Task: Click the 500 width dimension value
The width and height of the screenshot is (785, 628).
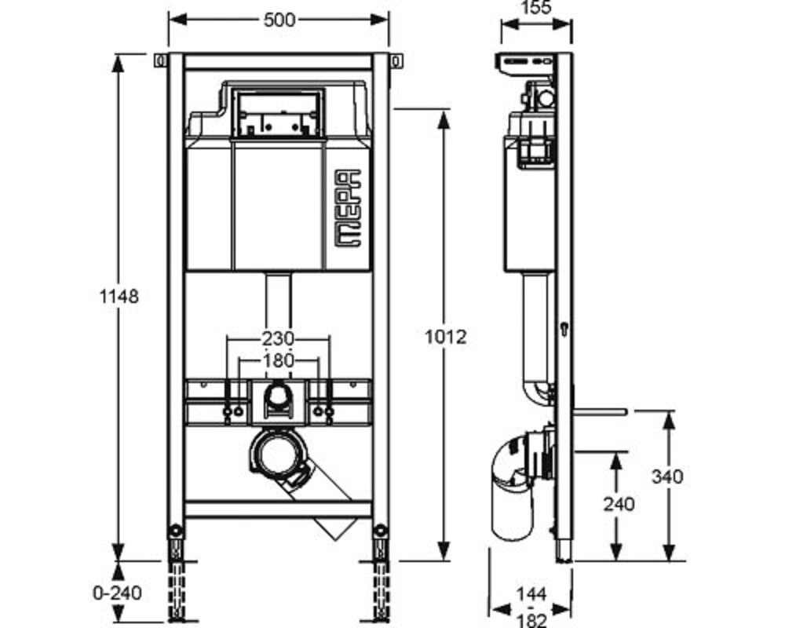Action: coord(279,20)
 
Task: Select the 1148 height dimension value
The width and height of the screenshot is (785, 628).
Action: coord(119,297)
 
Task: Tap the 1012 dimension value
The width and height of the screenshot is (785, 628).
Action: coord(445,337)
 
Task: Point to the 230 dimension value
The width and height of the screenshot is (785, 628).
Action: coord(278,339)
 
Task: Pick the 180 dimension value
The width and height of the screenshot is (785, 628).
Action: coord(278,360)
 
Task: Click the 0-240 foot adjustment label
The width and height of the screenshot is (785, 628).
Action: coord(118,593)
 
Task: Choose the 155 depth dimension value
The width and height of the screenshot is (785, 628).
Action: coord(535,8)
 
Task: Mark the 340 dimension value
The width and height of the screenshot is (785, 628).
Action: coord(666,476)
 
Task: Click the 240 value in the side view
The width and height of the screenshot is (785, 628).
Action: coord(619,504)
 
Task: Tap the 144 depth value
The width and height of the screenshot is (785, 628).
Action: coord(531,594)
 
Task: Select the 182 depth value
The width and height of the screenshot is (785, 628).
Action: coord(531,621)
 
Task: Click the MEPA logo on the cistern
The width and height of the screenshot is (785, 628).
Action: coord(348,208)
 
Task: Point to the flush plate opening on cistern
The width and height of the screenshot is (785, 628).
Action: coord(278,114)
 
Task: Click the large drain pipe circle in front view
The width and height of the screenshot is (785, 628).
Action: coord(277,455)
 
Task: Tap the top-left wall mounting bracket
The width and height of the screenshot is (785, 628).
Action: coord(159,60)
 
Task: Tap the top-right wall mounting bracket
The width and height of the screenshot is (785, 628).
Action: coord(396,60)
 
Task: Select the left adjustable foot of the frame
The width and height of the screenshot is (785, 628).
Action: coord(176,573)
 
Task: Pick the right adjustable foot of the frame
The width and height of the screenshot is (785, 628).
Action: coord(381,573)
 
